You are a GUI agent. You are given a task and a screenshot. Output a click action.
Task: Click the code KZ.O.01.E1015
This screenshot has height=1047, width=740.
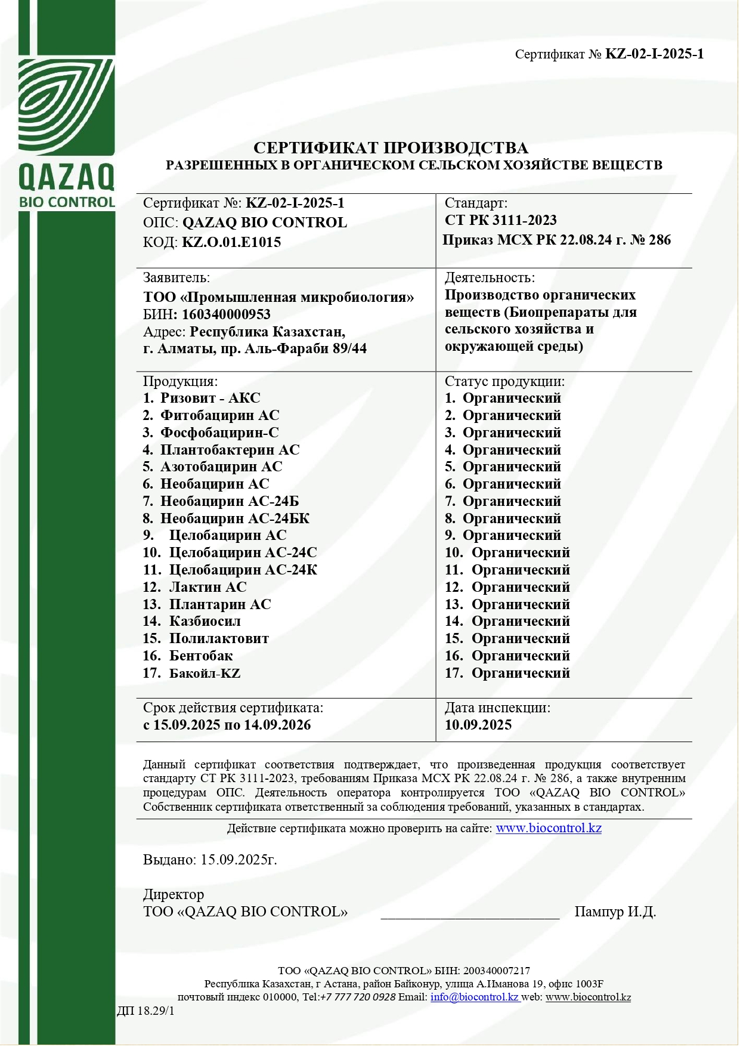point(231,242)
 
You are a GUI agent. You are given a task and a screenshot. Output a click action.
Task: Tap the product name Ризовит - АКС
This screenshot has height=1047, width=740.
point(210,399)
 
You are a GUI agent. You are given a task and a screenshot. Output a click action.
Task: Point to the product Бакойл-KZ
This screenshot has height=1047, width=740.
point(205,674)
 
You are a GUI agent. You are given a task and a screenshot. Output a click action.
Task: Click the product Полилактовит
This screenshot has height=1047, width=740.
point(219,639)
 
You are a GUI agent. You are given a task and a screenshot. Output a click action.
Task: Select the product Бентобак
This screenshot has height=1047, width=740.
point(201,656)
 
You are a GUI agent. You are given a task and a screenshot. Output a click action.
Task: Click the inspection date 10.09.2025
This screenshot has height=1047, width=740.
point(478,725)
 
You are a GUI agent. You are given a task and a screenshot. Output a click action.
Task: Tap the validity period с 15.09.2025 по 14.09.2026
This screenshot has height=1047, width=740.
point(227,725)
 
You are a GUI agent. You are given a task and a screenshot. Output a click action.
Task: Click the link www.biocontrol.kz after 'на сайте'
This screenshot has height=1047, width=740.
point(549,828)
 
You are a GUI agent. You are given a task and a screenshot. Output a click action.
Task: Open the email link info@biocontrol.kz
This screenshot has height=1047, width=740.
point(474,997)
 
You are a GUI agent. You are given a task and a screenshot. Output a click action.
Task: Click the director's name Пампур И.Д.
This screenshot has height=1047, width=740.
point(615,912)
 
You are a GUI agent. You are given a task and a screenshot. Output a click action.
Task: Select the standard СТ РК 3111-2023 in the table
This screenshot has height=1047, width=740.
point(501,221)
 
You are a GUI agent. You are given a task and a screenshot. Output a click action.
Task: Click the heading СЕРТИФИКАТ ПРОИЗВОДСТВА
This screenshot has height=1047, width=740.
point(391,148)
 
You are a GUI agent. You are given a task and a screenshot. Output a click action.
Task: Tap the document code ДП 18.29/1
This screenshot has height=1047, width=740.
point(145,1011)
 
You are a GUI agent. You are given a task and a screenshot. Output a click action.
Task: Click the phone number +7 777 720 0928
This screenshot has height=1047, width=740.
point(358,997)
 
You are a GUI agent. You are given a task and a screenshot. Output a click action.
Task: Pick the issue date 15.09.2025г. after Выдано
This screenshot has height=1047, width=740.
point(239,860)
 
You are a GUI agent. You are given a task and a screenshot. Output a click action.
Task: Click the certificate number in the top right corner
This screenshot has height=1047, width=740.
point(654,54)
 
